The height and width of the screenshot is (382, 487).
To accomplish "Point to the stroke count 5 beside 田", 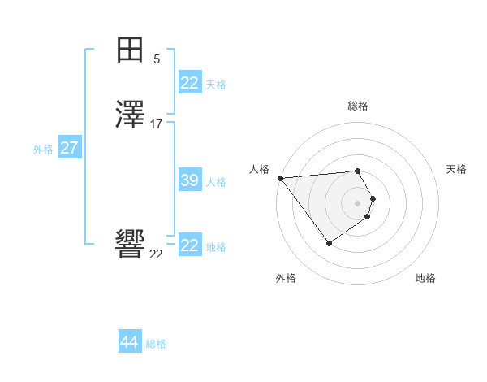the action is [x=157, y=59].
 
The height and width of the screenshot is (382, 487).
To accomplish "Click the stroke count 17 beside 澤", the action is [x=157, y=124].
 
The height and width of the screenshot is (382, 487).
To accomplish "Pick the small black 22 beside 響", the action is [x=156, y=254].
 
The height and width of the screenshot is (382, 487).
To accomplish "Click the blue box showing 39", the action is [x=189, y=180].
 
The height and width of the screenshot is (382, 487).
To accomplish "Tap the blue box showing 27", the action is [x=69, y=148].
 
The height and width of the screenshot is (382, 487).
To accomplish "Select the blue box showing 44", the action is [x=129, y=342].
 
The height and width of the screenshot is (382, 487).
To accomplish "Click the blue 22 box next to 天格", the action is [x=189, y=83].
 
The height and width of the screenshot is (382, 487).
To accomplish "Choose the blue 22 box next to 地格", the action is [x=189, y=245].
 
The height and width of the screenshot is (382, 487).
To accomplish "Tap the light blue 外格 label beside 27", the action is [x=43, y=150].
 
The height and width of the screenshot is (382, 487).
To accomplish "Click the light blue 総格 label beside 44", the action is [x=156, y=344].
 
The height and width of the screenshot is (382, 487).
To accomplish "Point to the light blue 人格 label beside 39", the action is [x=216, y=182].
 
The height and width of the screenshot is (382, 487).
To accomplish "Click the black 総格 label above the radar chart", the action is [x=357, y=106].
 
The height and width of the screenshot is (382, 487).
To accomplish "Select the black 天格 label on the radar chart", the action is [x=456, y=169].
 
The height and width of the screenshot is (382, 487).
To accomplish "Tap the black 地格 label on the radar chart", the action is [x=425, y=278].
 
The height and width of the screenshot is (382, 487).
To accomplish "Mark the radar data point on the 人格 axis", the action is [x=280, y=178].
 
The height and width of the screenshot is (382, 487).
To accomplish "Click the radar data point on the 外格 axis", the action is [x=329, y=243].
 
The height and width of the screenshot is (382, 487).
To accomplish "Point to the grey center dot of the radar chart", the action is [x=357, y=202].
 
